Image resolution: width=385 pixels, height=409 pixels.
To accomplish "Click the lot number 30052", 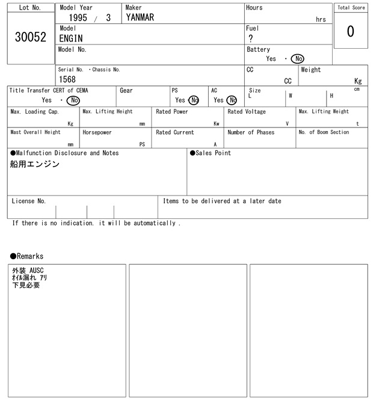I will tap(30, 37).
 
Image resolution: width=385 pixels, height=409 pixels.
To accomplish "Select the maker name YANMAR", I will tap(140, 18).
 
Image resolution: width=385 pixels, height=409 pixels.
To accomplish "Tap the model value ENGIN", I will tap(71, 38).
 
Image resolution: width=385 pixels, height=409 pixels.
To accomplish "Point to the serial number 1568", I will tap(67, 79).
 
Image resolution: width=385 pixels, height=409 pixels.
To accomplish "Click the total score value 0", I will tap(350, 31).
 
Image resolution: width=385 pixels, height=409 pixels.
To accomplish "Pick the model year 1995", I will tap(78, 18).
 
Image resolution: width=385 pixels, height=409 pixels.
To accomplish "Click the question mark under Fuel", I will tap(251, 38).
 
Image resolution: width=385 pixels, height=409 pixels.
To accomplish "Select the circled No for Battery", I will tap(297, 59).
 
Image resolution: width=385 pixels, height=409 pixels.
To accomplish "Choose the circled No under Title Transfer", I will tap(73, 100).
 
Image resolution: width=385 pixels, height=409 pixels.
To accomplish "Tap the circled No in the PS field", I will tap(194, 100).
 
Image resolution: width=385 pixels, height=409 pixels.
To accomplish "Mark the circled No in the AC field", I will tap(232, 100).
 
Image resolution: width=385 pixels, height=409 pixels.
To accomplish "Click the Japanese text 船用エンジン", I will tap(35, 164).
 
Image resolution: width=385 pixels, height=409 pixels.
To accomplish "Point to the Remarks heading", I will tap(27, 256).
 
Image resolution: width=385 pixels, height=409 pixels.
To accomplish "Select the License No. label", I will tap(29, 201).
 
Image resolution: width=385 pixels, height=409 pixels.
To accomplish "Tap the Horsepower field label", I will tap(97, 132).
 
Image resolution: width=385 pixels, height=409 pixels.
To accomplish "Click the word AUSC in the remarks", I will tap(37, 271).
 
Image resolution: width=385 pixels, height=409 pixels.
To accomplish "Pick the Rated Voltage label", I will tap(247, 112).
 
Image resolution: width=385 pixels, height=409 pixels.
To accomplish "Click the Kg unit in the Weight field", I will tap(358, 81).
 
